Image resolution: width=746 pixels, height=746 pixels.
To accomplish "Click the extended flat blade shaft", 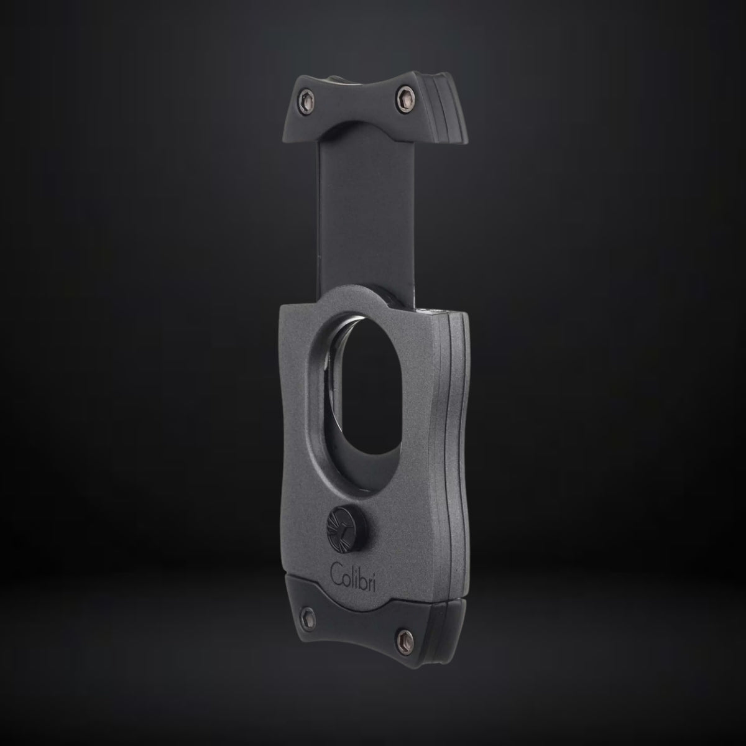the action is click(365, 217).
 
